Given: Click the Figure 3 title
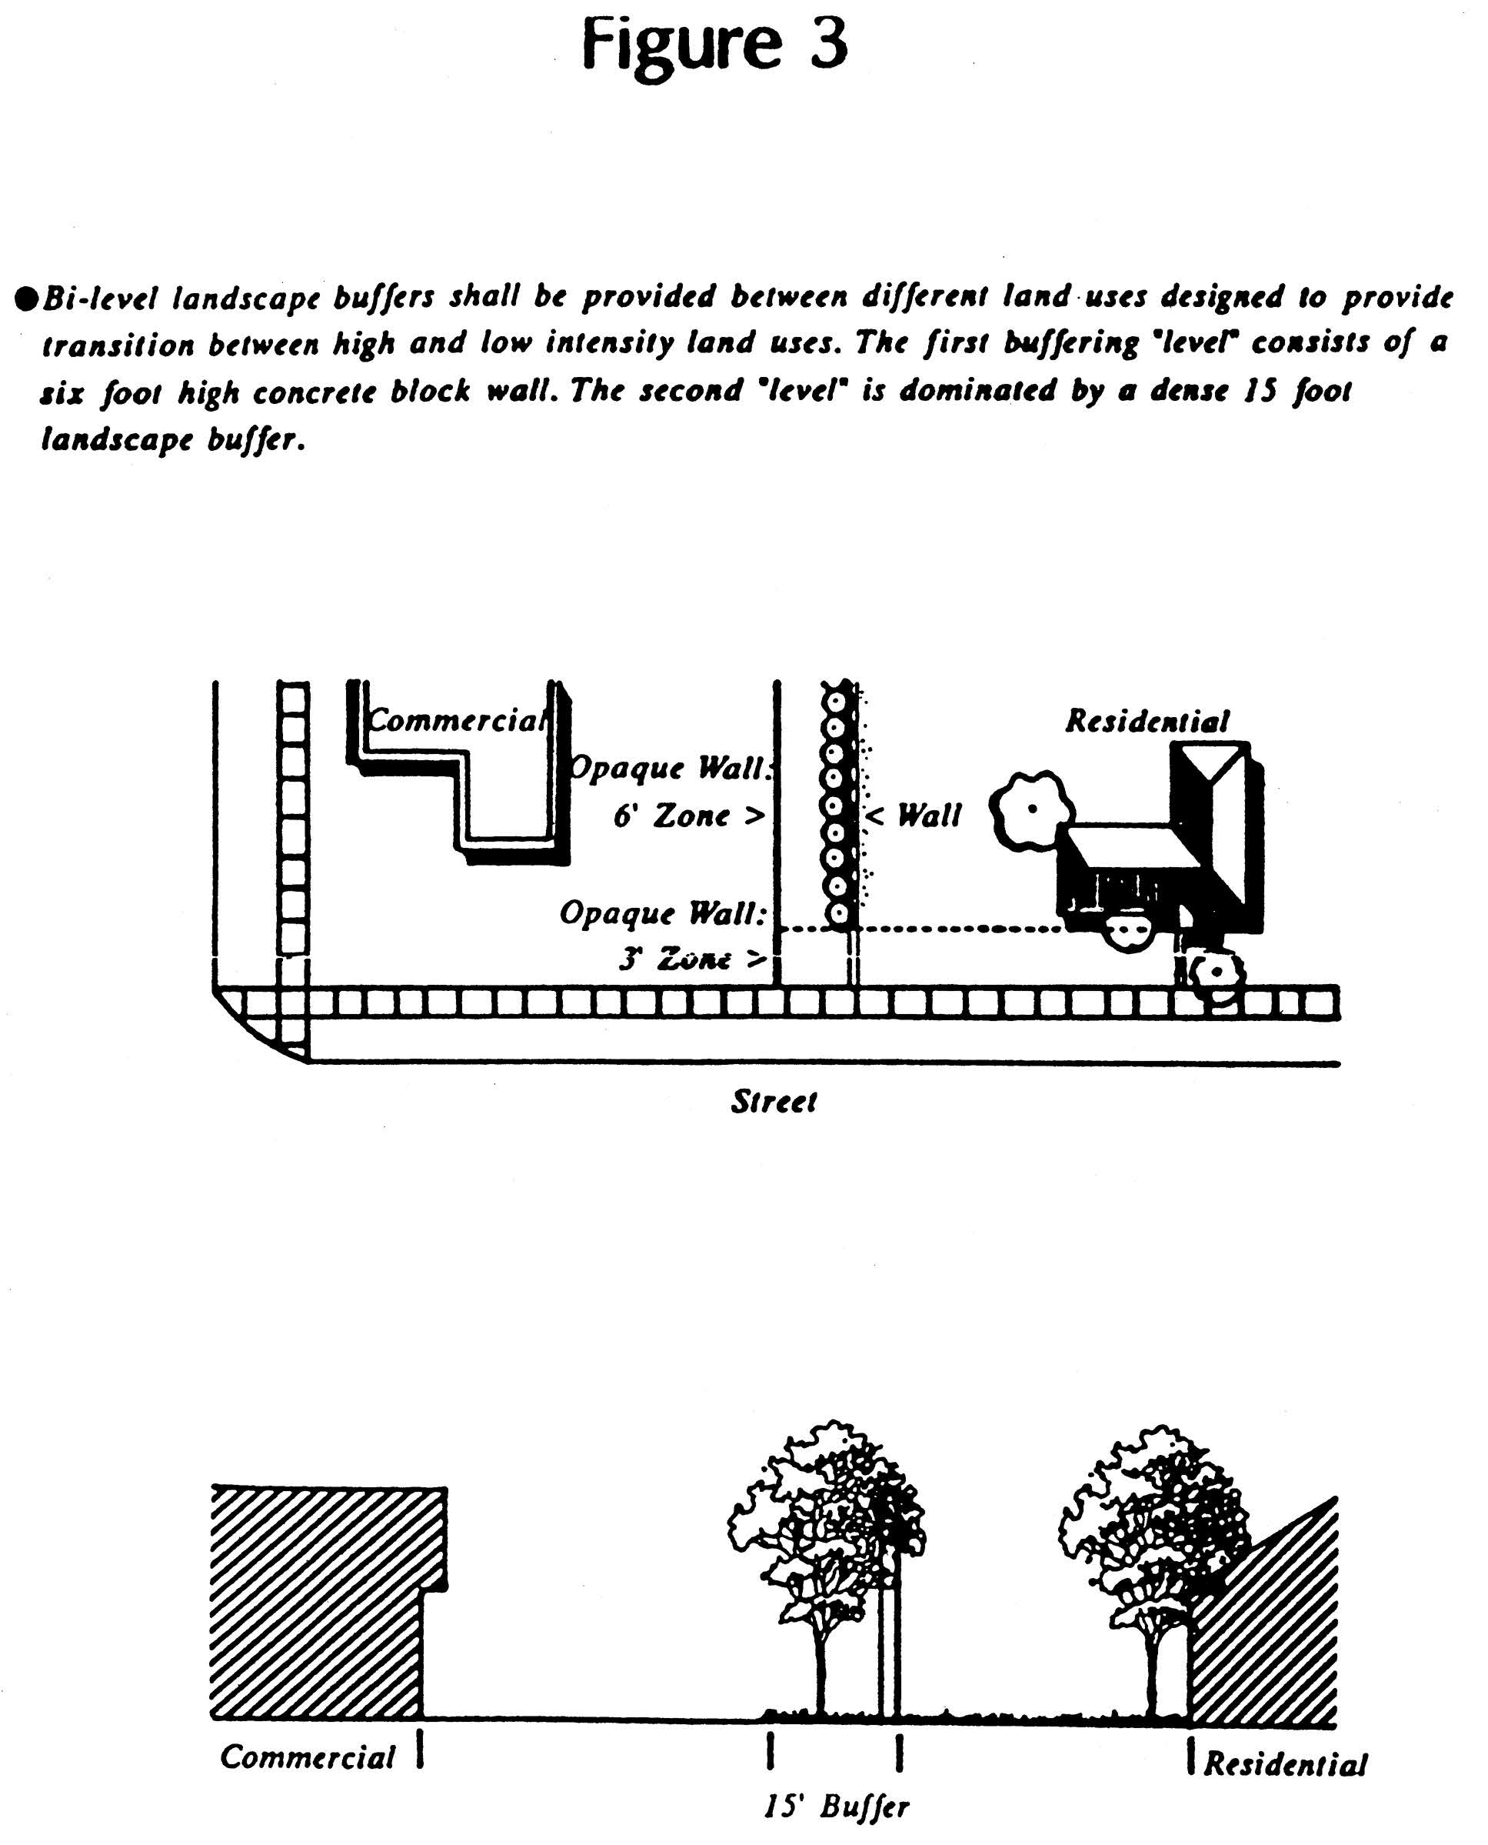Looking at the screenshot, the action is (x=714, y=45).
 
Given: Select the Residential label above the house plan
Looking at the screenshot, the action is (x=1147, y=721).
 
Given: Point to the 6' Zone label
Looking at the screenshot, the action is (x=688, y=816).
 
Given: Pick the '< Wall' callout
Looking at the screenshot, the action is (x=914, y=816).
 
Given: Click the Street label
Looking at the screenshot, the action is (x=773, y=1102).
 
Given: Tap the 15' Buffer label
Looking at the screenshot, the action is (x=836, y=1807).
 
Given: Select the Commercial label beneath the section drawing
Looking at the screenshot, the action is (x=308, y=1757).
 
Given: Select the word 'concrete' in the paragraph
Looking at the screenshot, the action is (x=314, y=392).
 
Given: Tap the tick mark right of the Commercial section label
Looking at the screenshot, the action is (x=421, y=1749).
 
